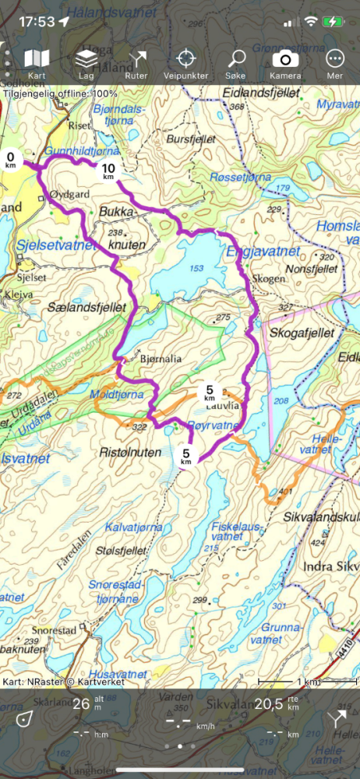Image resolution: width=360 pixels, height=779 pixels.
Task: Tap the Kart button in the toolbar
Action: pos(37,64)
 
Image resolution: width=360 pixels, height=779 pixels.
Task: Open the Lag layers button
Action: pos(86,64)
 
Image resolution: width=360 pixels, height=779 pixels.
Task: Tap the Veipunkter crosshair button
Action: pos(185,64)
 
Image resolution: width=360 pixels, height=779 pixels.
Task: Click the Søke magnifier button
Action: pos(236,64)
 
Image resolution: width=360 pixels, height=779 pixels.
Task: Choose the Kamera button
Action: pos(285,64)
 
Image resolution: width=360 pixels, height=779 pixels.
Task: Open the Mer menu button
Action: pos(335,64)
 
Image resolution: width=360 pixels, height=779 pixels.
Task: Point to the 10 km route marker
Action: pos(108,171)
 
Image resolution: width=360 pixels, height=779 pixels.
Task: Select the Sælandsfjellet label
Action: pos(86,308)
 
